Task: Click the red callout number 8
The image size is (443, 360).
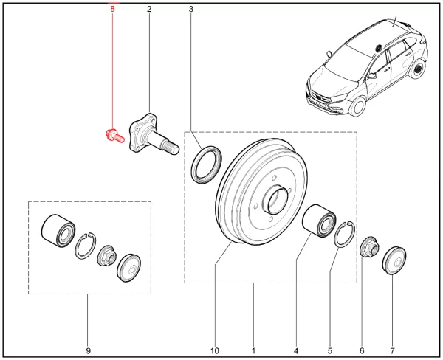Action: [x=112, y=10]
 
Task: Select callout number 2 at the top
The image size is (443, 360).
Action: [x=149, y=10]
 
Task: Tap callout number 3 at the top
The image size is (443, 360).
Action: [x=191, y=10]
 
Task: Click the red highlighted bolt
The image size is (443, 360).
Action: [x=113, y=135]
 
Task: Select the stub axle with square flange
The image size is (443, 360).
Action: [x=148, y=136]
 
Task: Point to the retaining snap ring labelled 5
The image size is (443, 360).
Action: [x=345, y=234]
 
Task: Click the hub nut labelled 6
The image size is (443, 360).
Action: [x=368, y=247]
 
